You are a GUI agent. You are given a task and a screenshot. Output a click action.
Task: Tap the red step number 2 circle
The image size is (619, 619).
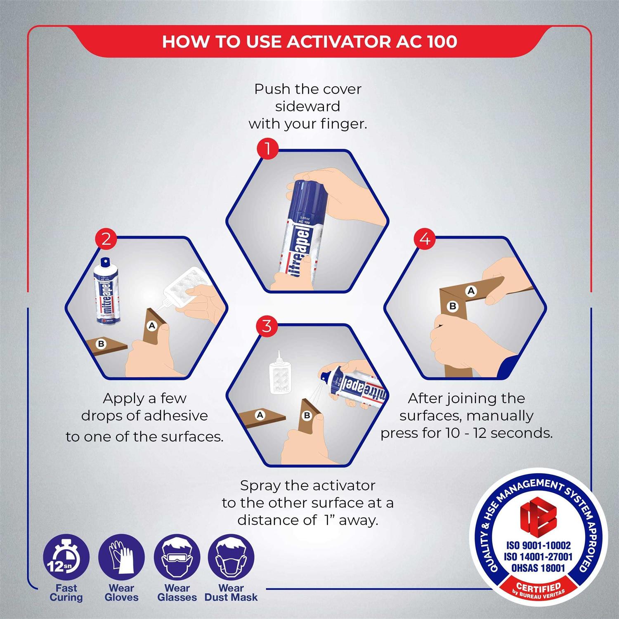(x=106, y=239)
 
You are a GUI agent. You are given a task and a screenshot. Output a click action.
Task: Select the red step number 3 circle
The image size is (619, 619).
(x=267, y=326)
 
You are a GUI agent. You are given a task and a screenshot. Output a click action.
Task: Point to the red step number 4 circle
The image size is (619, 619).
(x=425, y=239)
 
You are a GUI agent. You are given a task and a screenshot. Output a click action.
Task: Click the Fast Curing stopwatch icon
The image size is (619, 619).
(x=66, y=558)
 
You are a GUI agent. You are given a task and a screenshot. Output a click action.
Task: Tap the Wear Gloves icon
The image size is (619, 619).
(x=121, y=558)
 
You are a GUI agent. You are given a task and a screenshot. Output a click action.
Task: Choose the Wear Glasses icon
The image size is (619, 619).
(x=177, y=558)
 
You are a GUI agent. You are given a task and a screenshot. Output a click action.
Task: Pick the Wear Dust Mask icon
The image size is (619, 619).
(x=231, y=558)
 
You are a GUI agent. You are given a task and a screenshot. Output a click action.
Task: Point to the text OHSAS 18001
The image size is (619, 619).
(x=538, y=568)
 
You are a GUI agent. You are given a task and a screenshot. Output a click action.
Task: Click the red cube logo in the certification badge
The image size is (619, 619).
(x=538, y=516)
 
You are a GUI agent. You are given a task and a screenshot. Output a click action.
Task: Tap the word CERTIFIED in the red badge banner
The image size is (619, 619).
(x=538, y=587)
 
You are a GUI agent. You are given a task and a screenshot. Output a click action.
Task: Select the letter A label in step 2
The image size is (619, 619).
(x=152, y=326)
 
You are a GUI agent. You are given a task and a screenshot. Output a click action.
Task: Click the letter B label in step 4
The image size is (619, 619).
(x=453, y=306)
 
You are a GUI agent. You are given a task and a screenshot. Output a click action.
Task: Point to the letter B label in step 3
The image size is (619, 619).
(x=307, y=415)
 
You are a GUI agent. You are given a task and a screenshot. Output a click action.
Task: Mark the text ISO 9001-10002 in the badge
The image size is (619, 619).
(x=538, y=545)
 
